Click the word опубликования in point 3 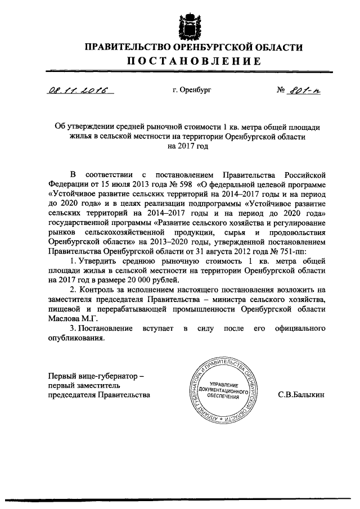tap(76, 338)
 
